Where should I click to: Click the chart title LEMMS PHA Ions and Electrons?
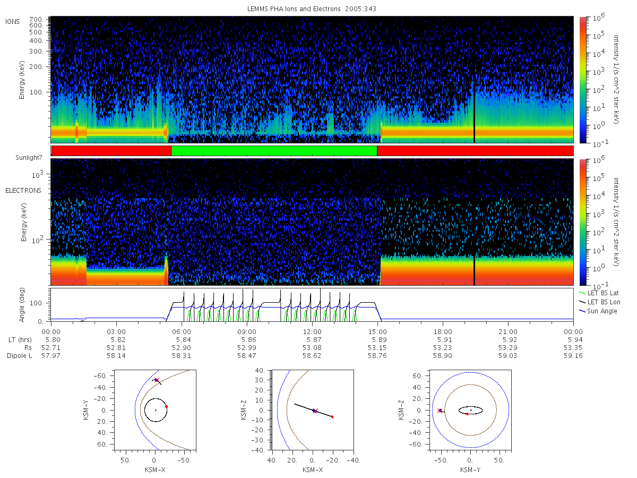click(294, 9)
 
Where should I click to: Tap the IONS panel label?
click(12, 22)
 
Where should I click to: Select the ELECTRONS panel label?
click(23, 190)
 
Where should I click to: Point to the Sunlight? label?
click(29, 158)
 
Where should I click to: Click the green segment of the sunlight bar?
click(274, 151)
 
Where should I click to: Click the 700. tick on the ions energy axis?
click(36, 19)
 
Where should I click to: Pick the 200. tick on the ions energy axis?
click(36, 67)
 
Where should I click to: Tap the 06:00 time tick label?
click(182, 332)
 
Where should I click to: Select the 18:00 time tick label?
click(443, 332)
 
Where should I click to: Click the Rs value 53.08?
click(312, 348)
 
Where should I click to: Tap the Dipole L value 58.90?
click(443, 355)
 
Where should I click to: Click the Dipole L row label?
click(20, 356)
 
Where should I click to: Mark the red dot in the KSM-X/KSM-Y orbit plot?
click(166, 407)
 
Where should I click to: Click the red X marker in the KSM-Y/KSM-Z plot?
click(440, 411)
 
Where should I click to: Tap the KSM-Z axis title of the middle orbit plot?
click(243, 410)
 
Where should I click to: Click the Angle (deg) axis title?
click(22, 305)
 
